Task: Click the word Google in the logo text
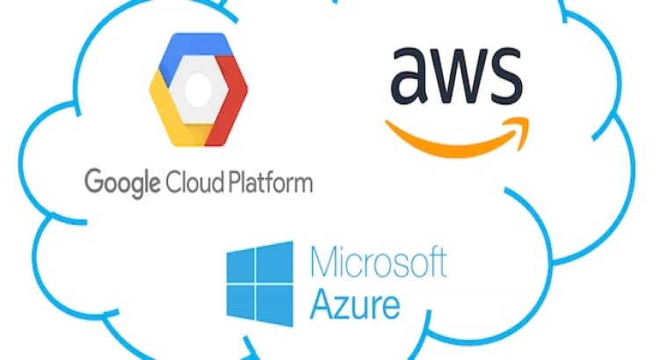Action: tap(121, 185)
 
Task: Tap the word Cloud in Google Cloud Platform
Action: tap(187, 184)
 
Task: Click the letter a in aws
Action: tap(414, 78)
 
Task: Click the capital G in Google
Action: tap(93, 184)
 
